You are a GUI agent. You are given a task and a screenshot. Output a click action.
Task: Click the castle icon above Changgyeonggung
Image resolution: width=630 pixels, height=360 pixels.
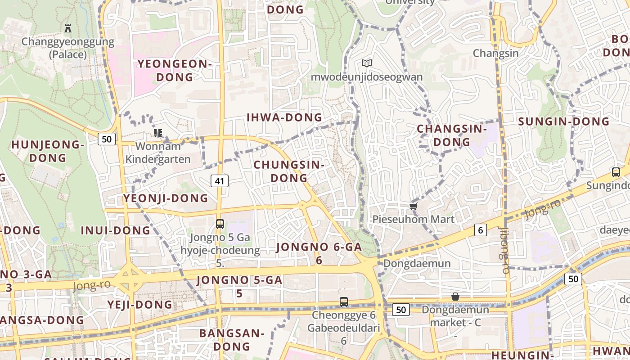pyautogui.click(x=68, y=28)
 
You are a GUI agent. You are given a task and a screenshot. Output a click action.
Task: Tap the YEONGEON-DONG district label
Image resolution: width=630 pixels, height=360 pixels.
pyautogui.click(x=175, y=71)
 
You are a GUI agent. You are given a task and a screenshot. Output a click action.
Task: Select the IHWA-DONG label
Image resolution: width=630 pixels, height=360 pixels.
pyautogui.click(x=284, y=118)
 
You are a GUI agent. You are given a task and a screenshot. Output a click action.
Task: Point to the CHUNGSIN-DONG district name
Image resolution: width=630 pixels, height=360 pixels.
pyautogui.click(x=289, y=171)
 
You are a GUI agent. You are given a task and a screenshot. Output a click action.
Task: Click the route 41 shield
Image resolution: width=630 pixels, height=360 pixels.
pyautogui.click(x=220, y=181)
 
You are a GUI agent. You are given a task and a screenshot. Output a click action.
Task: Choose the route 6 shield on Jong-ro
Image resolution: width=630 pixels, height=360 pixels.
pyautogui.click(x=481, y=230)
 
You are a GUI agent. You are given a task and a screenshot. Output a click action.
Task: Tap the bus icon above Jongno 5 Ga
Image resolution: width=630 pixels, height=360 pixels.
pyautogui.click(x=220, y=224)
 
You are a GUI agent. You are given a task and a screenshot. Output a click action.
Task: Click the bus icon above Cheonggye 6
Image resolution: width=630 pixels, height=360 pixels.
pyautogui.click(x=344, y=302)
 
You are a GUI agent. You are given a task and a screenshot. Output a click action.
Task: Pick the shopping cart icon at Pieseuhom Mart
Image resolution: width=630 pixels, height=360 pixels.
pyautogui.click(x=413, y=206)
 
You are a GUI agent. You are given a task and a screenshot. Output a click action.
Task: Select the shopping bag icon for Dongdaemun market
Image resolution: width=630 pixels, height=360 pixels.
pyautogui.click(x=455, y=297)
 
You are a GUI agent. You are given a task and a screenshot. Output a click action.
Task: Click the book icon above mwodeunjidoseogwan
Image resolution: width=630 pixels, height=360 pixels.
pyautogui.click(x=367, y=63)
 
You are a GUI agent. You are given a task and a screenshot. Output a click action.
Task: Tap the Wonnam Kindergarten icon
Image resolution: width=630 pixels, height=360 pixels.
pyautogui.click(x=157, y=133)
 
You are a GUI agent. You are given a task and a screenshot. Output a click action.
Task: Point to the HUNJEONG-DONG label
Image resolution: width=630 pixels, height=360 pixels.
pyautogui.click(x=48, y=151)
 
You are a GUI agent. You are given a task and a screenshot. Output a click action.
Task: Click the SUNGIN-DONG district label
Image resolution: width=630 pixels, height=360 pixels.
pyautogui.click(x=564, y=121)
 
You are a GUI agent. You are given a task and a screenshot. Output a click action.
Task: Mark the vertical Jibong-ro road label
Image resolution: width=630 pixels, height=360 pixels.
pyautogui.click(x=504, y=250)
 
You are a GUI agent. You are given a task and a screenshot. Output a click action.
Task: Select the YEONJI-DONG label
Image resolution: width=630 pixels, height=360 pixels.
pyautogui.click(x=166, y=198)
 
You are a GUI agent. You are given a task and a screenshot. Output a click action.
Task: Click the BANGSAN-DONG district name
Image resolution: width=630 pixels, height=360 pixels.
pyautogui.click(x=232, y=340)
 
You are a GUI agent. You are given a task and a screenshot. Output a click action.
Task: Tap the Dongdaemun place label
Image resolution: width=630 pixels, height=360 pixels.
pyautogui.click(x=417, y=264)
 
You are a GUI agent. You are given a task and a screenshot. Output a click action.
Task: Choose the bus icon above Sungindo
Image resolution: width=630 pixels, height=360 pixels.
pyautogui.click(x=616, y=172)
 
